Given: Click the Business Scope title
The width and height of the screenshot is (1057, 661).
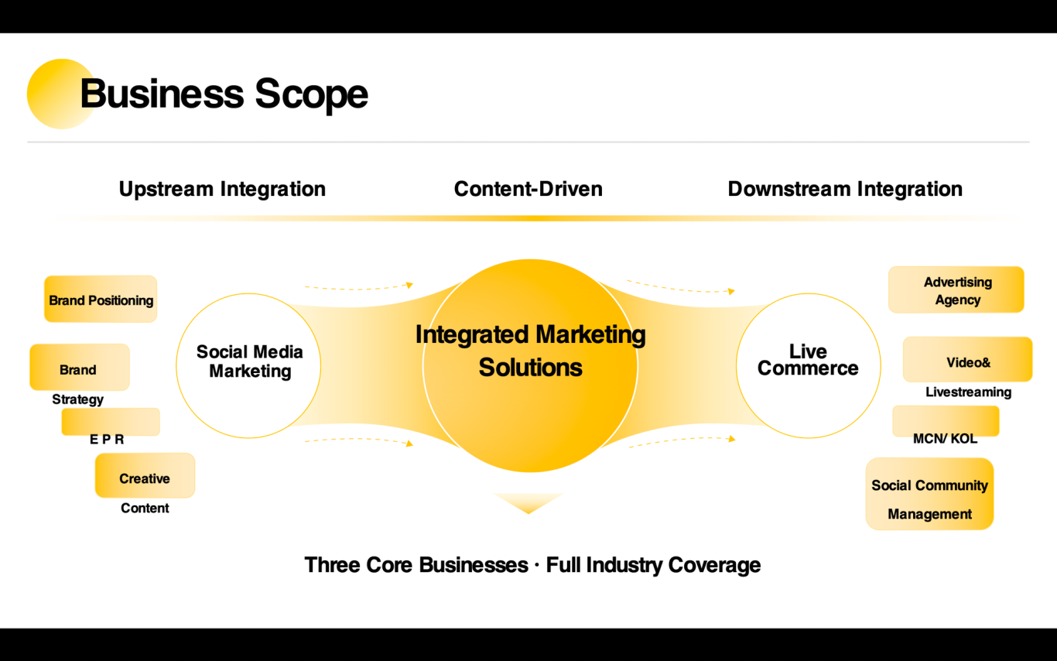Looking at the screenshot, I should pos(224,94).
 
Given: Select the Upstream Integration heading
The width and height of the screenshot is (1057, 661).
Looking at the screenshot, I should pos(222,189).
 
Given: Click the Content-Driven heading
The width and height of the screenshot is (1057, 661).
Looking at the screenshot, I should pos(528,189).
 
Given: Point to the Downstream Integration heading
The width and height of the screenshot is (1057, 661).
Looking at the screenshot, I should pos(845,189).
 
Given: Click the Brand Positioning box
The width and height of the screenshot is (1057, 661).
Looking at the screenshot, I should pos(101,300).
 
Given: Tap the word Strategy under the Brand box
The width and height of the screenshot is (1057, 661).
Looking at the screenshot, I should pos(77,399).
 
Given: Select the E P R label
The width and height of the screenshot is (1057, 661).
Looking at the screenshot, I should pos(107,439).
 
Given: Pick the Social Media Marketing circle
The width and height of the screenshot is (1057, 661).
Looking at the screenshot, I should pos(248,365).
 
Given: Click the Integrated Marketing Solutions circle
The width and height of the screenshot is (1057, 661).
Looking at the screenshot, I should pos(530,365).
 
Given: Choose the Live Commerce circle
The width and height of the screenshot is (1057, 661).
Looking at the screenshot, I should pos(808,365).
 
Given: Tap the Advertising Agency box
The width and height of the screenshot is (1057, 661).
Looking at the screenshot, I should pos(956,290).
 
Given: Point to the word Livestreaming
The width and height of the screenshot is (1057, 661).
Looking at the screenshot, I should pos(968,392).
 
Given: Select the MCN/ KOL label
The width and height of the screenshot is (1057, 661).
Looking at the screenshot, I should pos(945,439).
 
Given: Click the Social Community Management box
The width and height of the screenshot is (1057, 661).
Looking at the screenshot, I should pos(929,495).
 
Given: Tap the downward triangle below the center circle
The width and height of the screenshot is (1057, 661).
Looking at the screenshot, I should pos(528,502).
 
